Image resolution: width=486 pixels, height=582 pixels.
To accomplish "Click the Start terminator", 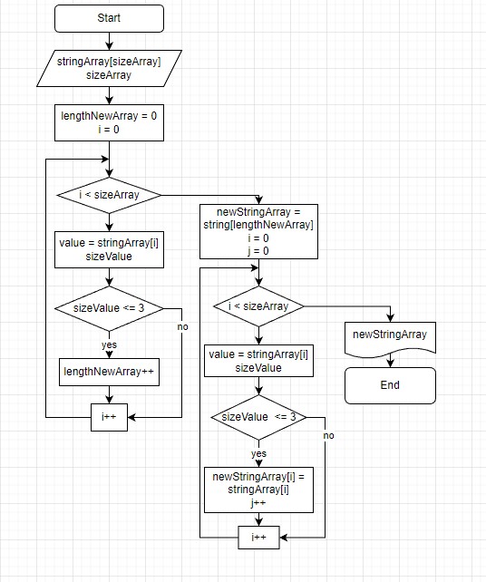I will point(109,18).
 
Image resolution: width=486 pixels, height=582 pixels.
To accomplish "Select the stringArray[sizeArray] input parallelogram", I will point(109,69).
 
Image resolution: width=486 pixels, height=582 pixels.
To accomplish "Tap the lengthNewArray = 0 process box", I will point(109,122).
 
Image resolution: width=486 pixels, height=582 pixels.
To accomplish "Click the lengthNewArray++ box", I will point(109,371).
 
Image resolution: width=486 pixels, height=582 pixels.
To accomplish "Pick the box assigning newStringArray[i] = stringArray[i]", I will point(258,489).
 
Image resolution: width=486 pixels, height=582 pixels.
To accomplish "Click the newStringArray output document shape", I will point(390,336).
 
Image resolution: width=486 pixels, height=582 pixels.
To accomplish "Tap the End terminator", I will point(390,384).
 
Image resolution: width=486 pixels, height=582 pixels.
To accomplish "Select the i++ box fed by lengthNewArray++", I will point(109,418).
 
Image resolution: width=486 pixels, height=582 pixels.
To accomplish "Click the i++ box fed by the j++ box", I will point(258,538).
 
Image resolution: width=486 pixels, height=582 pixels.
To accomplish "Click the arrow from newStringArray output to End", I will point(390,359).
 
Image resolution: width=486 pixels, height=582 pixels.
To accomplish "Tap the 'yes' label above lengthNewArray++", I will point(109,344).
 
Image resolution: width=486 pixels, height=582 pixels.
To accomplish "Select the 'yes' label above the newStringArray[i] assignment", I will point(258,453).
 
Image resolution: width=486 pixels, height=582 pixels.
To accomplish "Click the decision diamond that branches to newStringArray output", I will point(258,306).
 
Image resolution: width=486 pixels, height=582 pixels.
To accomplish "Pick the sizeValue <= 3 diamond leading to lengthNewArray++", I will point(109,308).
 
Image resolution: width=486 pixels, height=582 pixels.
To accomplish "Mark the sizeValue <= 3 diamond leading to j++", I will point(258,417).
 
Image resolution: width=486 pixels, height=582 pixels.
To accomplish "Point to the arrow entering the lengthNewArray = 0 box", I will point(109,97).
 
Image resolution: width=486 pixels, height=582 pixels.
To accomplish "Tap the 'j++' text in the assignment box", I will point(258,501).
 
